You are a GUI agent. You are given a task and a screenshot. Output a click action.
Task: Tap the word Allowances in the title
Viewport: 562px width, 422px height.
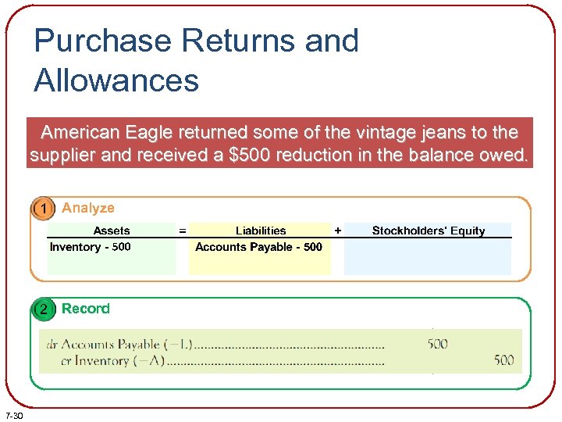point(116,80)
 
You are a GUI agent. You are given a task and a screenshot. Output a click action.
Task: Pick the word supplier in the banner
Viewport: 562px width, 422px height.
point(62,155)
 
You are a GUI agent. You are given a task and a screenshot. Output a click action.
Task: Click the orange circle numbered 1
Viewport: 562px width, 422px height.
point(44,208)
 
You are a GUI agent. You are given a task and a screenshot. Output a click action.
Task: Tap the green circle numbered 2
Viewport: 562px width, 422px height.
point(44,309)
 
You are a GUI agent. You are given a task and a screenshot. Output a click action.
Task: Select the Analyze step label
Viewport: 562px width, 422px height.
point(88,208)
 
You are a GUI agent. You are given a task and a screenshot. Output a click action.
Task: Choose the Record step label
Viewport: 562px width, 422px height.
point(86,309)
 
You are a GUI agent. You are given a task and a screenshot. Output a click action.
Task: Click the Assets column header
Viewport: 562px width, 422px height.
point(112,231)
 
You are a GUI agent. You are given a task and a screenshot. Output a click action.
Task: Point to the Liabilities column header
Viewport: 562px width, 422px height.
point(261,231)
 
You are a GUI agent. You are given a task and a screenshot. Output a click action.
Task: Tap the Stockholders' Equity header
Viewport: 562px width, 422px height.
point(428,231)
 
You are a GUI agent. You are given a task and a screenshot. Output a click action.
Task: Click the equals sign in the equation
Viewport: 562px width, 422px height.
point(183,231)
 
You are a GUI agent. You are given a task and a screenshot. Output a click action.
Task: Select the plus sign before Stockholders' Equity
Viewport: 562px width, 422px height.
point(337,231)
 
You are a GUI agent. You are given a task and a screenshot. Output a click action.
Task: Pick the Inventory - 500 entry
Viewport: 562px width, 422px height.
point(91,247)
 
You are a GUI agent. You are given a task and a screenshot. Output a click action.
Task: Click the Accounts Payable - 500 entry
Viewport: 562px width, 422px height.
point(258,247)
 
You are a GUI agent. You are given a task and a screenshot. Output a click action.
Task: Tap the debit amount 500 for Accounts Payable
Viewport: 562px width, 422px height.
point(438,344)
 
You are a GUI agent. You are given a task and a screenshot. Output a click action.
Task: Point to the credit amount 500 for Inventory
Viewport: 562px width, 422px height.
point(504,360)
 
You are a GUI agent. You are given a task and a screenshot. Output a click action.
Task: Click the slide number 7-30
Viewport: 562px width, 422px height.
point(14,415)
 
